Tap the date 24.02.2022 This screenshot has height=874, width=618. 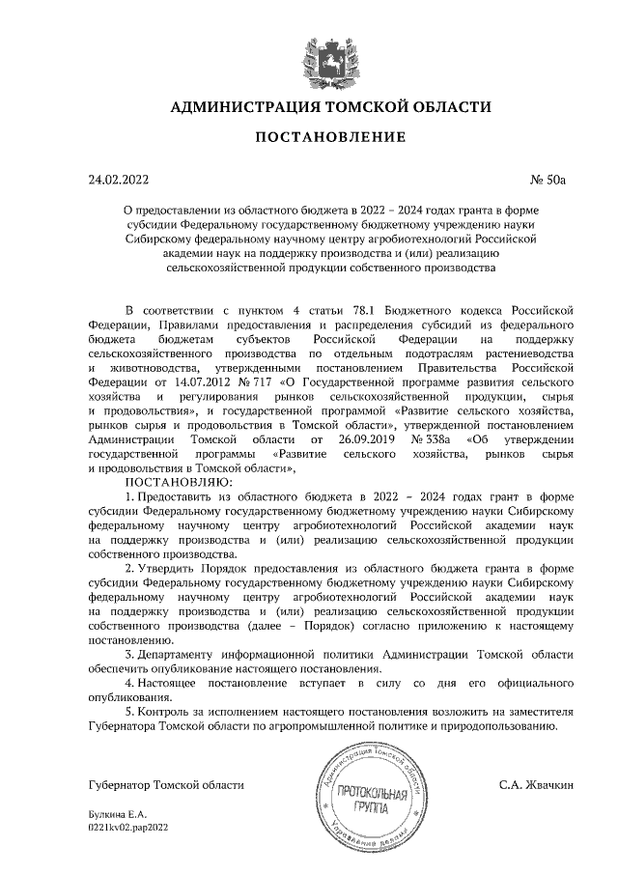[119, 179]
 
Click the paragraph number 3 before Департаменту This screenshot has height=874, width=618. [129, 656]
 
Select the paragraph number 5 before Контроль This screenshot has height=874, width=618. [129, 712]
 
